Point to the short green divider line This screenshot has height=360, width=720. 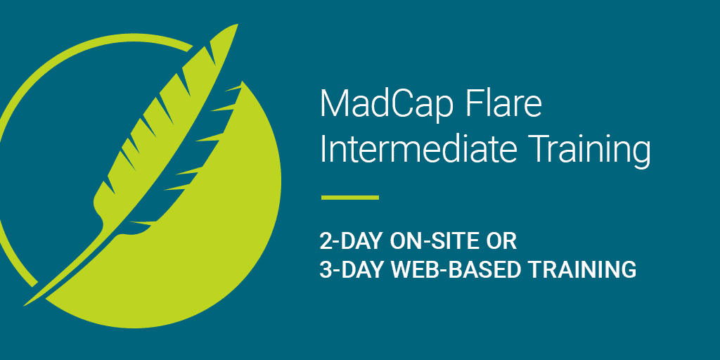[349, 198]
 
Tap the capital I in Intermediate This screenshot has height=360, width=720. [323, 149]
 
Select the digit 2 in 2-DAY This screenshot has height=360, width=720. [326, 241]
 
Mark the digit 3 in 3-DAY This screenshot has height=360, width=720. [326, 269]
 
